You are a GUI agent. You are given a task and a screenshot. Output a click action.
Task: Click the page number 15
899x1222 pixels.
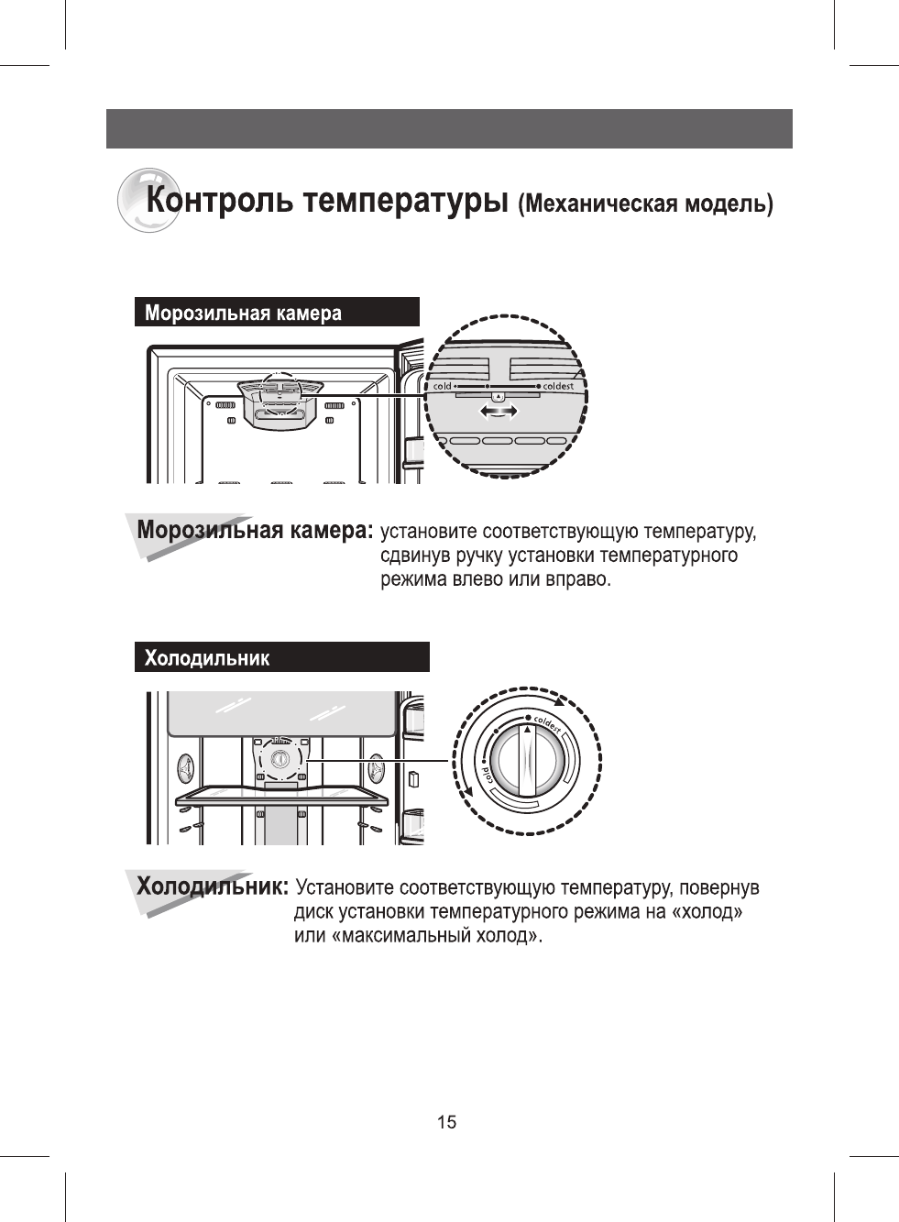pyautogui.click(x=446, y=1122)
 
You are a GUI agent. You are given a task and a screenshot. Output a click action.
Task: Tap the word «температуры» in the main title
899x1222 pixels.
pyautogui.click(x=406, y=201)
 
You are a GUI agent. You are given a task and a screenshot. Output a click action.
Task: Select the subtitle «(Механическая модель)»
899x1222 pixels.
pyautogui.click(x=645, y=204)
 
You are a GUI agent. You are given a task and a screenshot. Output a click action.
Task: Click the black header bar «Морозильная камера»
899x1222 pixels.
pyautogui.click(x=277, y=313)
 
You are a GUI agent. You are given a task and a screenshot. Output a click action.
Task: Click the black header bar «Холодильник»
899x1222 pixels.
pyautogui.click(x=281, y=657)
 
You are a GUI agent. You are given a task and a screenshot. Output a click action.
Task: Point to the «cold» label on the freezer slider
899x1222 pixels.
pyautogui.click(x=443, y=386)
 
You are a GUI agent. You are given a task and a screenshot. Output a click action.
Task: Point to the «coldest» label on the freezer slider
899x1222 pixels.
pyautogui.click(x=558, y=386)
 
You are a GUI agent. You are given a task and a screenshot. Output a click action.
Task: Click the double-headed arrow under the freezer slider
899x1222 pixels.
pyautogui.click(x=499, y=413)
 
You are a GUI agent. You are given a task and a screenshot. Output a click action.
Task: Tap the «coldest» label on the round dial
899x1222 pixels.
pyautogui.click(x=547, y=723)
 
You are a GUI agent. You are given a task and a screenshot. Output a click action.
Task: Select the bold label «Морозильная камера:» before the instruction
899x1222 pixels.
pyautogui.click(x=255, y=530)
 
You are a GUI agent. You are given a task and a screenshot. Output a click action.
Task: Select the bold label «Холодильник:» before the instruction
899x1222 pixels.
pyautogui.click(x=213, y=886)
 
